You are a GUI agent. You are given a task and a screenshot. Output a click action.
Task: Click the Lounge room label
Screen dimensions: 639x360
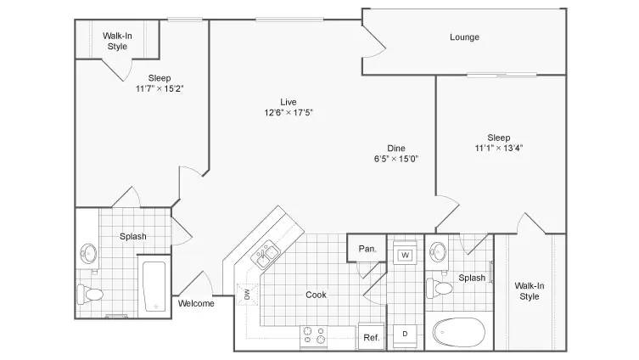464,37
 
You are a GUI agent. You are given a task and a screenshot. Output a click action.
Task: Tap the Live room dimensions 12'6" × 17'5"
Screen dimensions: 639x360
289,113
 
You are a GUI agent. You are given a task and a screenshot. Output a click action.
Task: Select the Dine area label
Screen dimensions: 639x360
396,149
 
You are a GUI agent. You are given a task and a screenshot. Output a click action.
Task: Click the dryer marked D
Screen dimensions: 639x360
405,334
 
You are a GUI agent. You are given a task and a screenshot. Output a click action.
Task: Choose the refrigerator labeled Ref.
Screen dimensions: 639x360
371,337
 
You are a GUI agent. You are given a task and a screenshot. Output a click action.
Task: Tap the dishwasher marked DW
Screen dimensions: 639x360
247,295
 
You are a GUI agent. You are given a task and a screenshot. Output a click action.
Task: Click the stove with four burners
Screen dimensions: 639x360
314,337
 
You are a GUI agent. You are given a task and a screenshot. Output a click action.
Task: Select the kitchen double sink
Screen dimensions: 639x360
265,255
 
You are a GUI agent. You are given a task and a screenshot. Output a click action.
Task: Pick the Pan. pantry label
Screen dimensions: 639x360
367,249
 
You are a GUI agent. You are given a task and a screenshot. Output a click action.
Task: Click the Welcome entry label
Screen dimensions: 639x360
196,303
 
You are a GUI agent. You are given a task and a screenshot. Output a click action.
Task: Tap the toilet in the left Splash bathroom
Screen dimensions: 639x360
90,294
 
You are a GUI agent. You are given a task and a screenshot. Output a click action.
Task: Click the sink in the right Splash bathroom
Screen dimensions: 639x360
438,252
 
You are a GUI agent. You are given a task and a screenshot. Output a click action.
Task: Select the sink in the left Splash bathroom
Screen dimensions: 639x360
88,253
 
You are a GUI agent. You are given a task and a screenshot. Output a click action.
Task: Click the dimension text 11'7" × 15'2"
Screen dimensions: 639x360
160,88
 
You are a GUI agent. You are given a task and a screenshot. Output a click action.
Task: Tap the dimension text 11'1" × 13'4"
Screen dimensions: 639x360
499,148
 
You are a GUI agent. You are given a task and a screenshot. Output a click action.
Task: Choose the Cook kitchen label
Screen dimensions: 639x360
317,295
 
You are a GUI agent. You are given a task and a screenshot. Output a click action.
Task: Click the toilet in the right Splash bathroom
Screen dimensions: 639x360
440,288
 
